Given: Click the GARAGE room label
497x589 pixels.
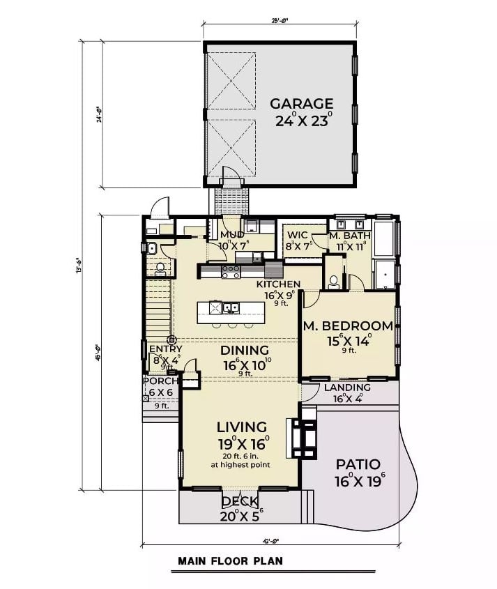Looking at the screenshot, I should pos(302,104).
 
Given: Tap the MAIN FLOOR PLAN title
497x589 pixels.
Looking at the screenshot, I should pos(230,560).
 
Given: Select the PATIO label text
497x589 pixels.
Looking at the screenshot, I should pos(358,464).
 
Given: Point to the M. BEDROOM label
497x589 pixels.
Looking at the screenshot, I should pos(348,326).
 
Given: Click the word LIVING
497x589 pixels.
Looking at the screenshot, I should pos(241,427).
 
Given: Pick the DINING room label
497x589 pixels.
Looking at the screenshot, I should pos(244,350).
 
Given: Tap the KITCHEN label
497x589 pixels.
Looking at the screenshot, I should pos(278,284).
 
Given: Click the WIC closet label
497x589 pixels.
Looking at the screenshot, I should pos(297,235).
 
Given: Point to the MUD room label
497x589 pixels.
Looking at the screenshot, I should pos(232,235).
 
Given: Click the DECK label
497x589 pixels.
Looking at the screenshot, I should pos(240,502).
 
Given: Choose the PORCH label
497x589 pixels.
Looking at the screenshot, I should pos(160,381).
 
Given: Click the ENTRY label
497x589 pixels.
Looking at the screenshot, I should pos(165,349).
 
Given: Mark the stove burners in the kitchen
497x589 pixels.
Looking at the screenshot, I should pos(231,272).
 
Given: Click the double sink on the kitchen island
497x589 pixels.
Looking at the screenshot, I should pos(224,307).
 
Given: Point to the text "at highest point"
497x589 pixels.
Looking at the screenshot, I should pos(241,465).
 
